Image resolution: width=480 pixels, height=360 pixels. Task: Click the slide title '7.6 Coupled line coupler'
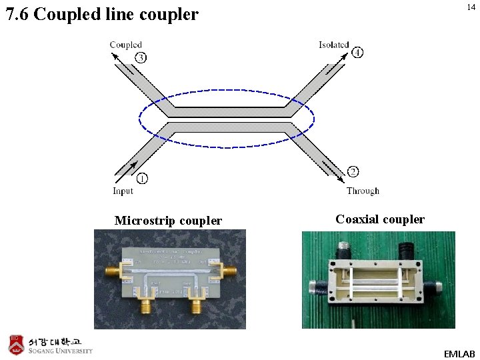[x=102, y=14]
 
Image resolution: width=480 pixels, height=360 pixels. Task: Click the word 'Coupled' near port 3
[x=125, y=45]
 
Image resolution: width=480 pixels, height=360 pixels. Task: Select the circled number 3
[x=141, y=57]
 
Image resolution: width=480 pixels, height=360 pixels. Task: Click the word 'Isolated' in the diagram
[x=333, y=45]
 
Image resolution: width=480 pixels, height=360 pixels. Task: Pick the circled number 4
[x=358, y=52]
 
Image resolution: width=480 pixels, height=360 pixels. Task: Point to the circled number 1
[x=141, y=179]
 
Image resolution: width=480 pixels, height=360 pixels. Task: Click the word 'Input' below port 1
[x=123, y=191]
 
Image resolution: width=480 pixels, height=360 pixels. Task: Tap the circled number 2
[x=354, y=173]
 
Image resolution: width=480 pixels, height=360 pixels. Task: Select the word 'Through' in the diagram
[x=363, y=191]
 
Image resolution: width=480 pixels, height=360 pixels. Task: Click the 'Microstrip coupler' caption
[x=168, y=221]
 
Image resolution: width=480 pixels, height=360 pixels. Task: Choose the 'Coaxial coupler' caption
[x=380, y=219]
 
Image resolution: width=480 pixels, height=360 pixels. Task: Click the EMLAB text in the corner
[x=459, y=352]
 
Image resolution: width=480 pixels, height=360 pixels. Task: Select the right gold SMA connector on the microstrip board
[x=228, y=271]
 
